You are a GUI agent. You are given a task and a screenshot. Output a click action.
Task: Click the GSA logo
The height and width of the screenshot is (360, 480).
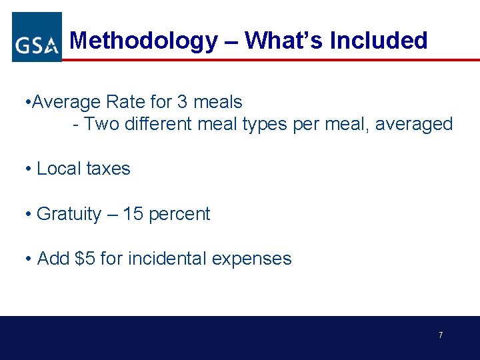(x=37, y=37)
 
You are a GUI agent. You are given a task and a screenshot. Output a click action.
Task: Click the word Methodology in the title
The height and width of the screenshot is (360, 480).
(x=143, y=41)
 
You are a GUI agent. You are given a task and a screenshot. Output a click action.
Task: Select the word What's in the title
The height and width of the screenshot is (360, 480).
(x=283, y=41)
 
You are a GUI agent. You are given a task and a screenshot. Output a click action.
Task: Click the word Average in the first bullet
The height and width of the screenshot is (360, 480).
(x=66, y=102)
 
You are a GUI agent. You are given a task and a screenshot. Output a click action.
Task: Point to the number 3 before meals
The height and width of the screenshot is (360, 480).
(x=183, y=102)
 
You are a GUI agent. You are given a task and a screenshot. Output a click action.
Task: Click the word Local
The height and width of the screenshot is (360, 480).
(x=59, y=169)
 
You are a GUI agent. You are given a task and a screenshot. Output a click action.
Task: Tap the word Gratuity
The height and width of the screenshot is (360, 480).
(x=69, y=215)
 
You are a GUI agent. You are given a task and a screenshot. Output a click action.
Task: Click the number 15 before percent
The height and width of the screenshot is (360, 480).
(x=133, y=214)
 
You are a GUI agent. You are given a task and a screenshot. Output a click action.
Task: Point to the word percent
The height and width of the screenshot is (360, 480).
(x=179, y=215)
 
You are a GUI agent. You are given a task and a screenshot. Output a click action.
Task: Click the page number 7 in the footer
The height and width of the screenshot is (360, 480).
(x=441, y=335)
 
